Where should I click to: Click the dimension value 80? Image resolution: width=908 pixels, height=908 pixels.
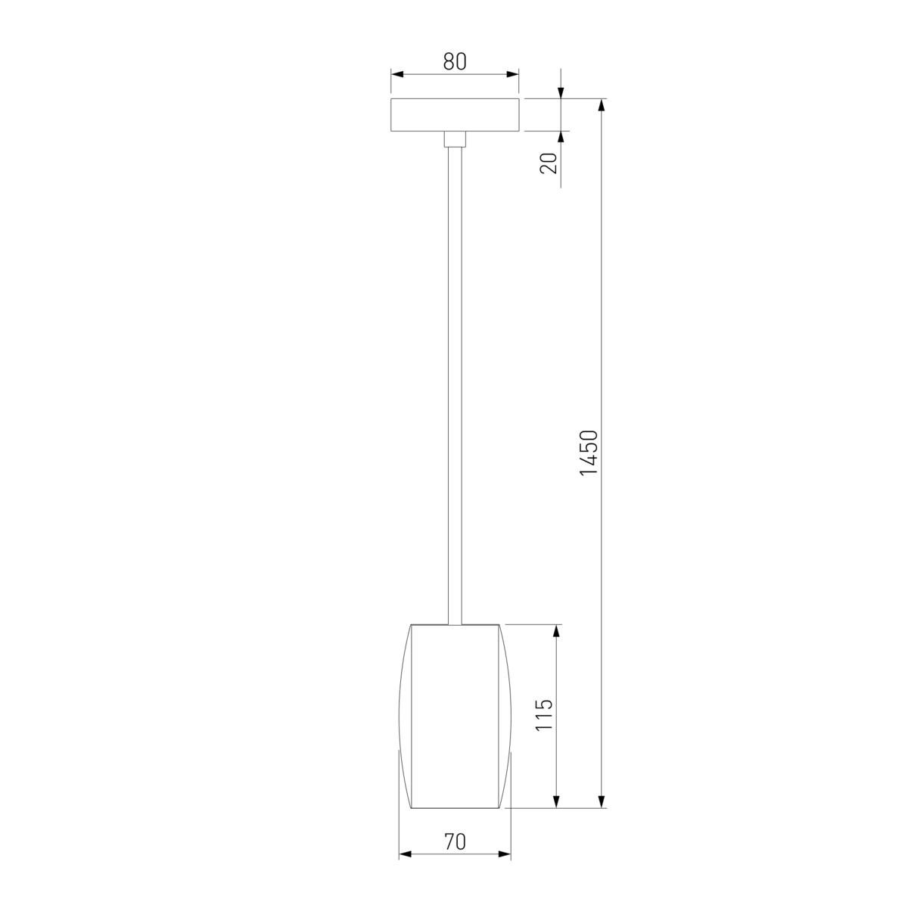coord(454,61)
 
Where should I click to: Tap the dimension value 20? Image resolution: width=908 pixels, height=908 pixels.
coord(549,163)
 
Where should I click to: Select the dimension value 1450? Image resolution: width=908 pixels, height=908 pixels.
coord(589,452)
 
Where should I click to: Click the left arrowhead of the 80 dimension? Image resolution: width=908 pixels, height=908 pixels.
coord(397,74)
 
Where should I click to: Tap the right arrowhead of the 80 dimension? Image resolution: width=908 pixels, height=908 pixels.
coord(512,74)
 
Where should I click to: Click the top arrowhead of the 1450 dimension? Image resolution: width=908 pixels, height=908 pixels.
coord(601,105)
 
